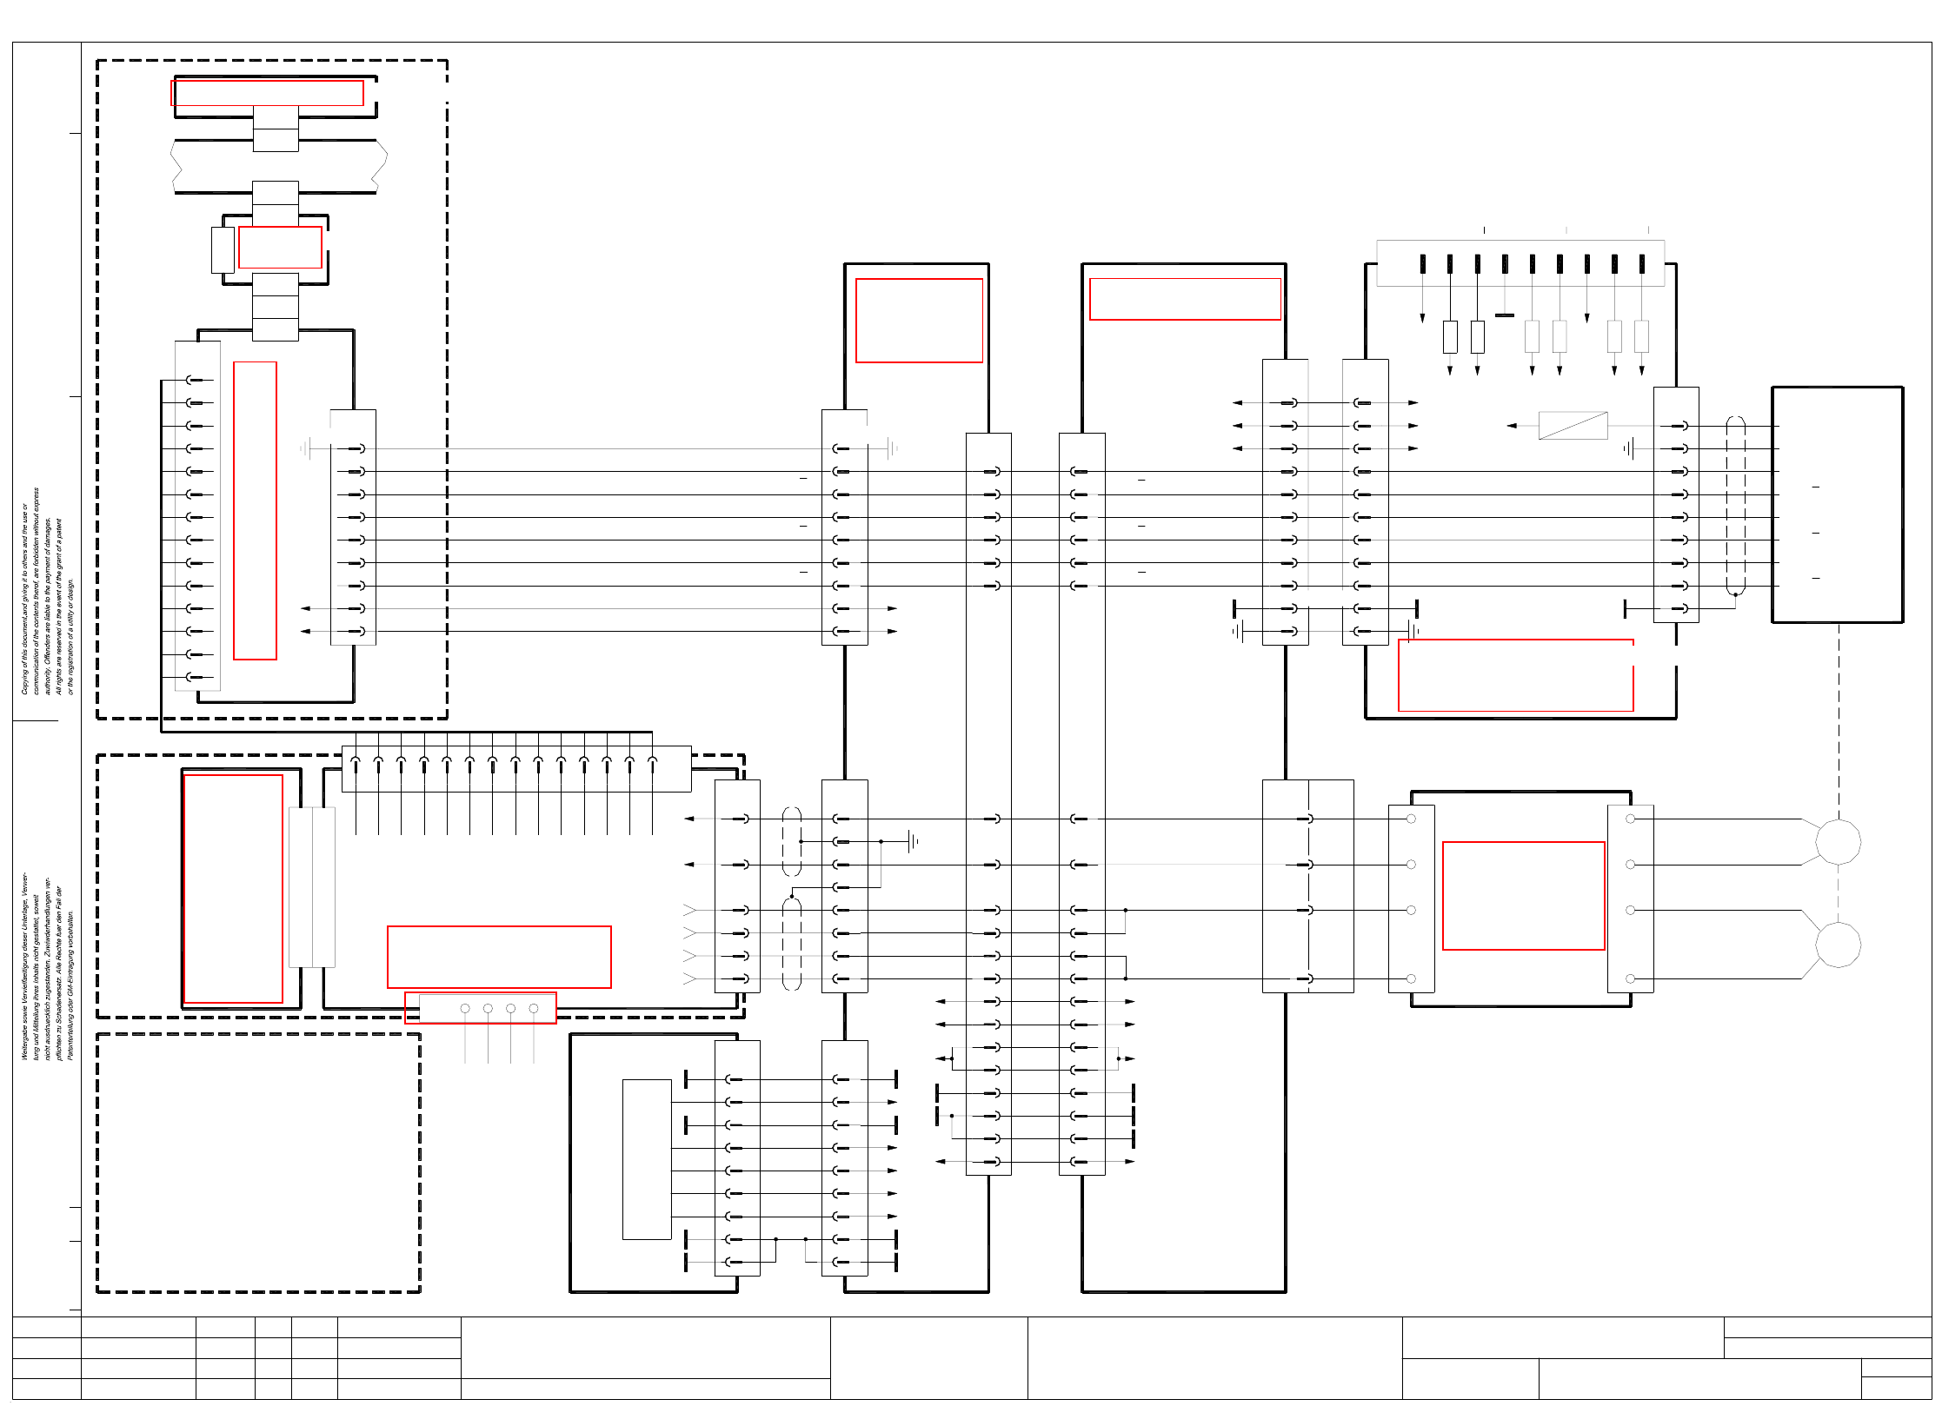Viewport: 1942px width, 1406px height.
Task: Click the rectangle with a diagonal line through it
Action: (x=1573, y=426)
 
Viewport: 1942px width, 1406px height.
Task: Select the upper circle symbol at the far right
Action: (x=1838, y=841)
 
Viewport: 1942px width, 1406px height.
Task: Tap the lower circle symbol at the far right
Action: (x=1838, y=945)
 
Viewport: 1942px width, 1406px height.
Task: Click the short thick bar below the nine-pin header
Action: (x=1505, y=315)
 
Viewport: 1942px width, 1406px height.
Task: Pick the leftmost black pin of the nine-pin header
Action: (x=1422, y=264)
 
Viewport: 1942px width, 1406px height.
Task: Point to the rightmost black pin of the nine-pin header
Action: (x=1641, y=264)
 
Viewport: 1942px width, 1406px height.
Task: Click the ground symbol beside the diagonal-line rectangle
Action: (x=1629, y=448)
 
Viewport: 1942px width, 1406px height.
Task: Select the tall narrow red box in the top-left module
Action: (x=255, y=511)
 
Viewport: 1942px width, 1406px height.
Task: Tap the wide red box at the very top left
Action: (x=267, y=93)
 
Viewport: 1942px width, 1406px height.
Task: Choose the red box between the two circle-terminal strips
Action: (x=1523, y=896)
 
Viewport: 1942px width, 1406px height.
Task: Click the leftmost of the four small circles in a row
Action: (x=465, y=1009)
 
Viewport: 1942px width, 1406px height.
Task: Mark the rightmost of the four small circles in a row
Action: (x=534, y=1009)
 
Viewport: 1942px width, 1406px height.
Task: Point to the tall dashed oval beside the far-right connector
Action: (x=1735, y=507)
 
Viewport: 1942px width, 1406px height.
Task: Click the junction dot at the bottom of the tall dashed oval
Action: (x=1735, y=595)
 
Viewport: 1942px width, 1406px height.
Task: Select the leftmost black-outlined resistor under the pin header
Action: (x=1450, y=337)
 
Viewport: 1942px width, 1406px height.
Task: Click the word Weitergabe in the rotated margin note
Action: (x=25, y=1039)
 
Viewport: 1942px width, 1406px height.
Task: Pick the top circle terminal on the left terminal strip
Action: (x=1411, y=819)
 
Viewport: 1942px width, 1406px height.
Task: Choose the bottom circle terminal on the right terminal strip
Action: (x=1630, y=978)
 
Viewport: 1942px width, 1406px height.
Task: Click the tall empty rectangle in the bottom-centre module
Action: (x=647, y=1159)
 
